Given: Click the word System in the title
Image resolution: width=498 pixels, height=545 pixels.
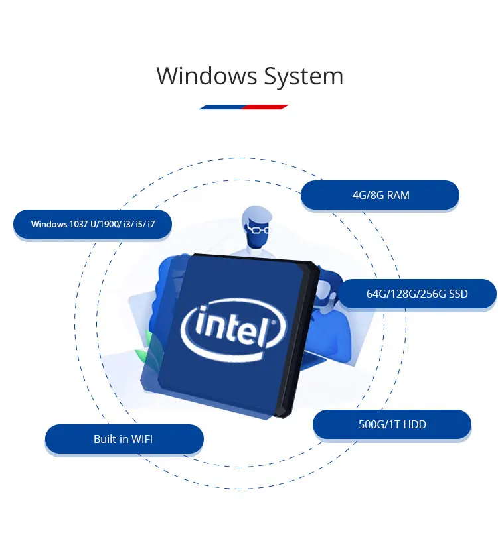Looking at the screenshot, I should coord(303,77).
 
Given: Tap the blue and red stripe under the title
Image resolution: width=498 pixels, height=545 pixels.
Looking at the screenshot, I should coord(243,106).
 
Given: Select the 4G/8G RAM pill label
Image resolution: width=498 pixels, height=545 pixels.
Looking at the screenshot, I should coord(380,196).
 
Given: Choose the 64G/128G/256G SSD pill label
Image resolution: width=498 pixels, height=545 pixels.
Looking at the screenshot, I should coord(417,294).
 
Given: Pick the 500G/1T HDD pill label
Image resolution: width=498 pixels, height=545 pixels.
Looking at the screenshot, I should coord(392,424).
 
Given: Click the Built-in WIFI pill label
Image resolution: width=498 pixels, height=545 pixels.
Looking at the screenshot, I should coord(124,439).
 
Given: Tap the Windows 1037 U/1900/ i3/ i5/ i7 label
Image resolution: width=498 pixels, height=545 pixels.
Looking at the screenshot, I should coord(92,224).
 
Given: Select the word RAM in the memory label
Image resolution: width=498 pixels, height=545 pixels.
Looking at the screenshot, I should coord(398,196).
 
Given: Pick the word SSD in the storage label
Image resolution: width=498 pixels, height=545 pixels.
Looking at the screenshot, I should coord(457,294).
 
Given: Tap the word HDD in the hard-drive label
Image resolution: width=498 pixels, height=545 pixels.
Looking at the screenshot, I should coord(414,424).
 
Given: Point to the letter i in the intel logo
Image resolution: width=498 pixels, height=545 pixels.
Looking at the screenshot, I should coord(197,325).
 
